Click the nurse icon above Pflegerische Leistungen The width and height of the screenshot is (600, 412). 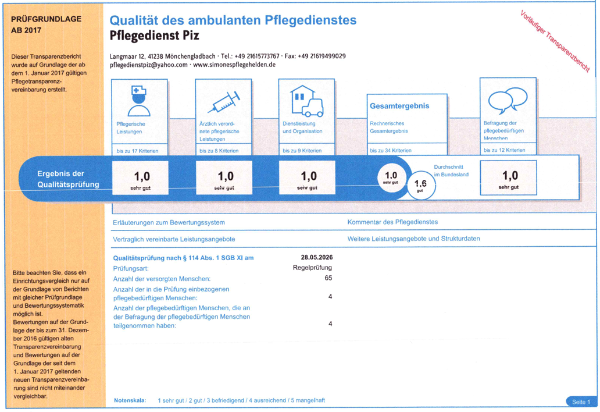coord(138,101)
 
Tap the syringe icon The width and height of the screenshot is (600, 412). coord(224,102)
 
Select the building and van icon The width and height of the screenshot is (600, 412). coord(306,101)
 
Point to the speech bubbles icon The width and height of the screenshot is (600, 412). coord(508,100)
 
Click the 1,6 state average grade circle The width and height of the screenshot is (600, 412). coord(421,185)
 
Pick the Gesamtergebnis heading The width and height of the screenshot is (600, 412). coord(399,106)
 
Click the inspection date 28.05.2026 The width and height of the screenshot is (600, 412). coord(316,257)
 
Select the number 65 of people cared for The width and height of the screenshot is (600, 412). coord(328,278)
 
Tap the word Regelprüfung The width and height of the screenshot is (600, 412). coord(312,268)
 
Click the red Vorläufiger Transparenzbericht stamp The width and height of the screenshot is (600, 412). coord(555,41)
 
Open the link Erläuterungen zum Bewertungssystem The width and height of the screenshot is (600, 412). coord(169,222)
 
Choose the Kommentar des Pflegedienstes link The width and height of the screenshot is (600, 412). coord(392,222)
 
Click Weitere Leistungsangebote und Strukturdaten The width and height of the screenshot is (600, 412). coord(413,239)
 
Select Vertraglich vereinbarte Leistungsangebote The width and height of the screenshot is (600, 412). coord(174,239)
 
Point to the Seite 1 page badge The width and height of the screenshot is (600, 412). coord(581,402)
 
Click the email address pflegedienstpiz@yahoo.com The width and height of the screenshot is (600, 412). coord(148,65)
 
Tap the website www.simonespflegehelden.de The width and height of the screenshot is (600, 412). coord(234,65)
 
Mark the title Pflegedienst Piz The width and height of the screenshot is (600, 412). coord(154,35)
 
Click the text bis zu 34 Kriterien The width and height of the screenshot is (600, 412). coord(391,151)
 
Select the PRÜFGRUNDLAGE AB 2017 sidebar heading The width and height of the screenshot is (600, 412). coord(46,24)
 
